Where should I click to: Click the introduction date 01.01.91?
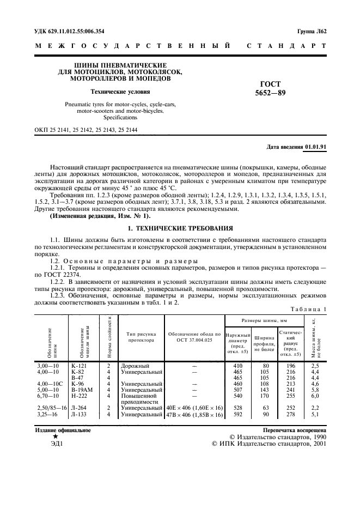tap(315, 148)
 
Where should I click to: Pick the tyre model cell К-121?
tap(79, 366)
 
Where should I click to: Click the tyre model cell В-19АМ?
tap(82, 390)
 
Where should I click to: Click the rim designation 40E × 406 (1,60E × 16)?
tap(194, 408)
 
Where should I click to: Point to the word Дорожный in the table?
tap(135, 366)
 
